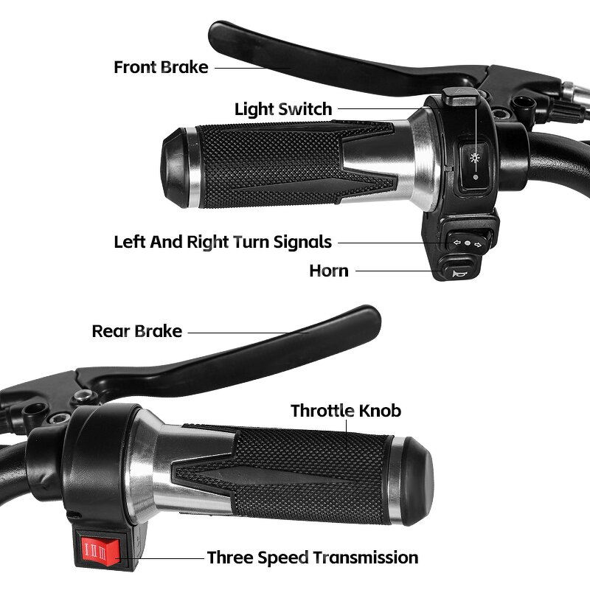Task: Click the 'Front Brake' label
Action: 161,67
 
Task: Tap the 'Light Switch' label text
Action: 283,109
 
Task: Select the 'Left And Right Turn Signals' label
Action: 223,242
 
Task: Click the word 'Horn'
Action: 329,271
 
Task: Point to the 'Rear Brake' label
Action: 136,330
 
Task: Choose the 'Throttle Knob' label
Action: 346,410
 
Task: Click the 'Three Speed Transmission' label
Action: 312,558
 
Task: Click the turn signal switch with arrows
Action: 468,241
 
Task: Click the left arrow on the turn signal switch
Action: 457,241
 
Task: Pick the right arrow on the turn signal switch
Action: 479,241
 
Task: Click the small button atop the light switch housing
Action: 460,95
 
